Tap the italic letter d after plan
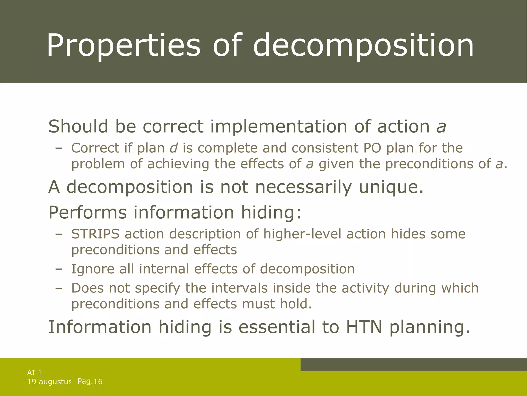tap(174, 148)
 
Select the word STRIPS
tap(95, 234)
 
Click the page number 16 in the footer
tap(98, 382)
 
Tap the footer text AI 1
tap(34, 373)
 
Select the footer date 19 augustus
tap(49, 382)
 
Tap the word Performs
tap(87, 212)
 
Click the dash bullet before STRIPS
tap(59, 234)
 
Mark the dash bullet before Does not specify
tap(59, 288)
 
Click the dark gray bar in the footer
tap(414, 365)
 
